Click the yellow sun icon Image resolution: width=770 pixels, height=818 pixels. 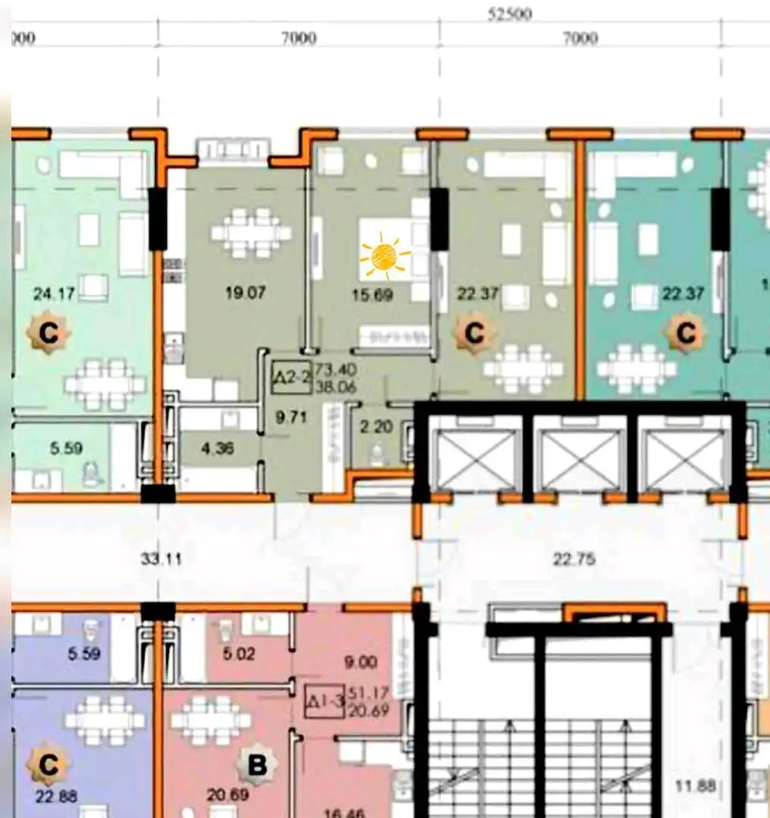click(x=385, y=256)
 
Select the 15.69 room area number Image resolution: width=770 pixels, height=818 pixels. click(x=373, y=295)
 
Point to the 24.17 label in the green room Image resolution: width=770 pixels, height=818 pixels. click(x=54, y=293)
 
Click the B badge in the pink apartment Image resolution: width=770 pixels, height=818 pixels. click(x=256, y=766)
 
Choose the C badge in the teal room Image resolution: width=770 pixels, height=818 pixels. click(x=686, y=333)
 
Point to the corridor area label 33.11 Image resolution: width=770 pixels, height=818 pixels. click(x=160, y=560)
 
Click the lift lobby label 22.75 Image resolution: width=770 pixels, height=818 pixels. click(x=574, y=560)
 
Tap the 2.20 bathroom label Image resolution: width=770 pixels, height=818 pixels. click(x=376, y=428)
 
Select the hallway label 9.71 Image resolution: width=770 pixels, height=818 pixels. click(x=291, y=416)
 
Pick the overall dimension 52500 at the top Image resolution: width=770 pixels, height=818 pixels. click(x=510, y=14)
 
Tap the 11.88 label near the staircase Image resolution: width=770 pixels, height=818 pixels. click(x=696, y=786)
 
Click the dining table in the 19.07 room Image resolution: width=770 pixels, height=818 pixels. click(x=251, y=232)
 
